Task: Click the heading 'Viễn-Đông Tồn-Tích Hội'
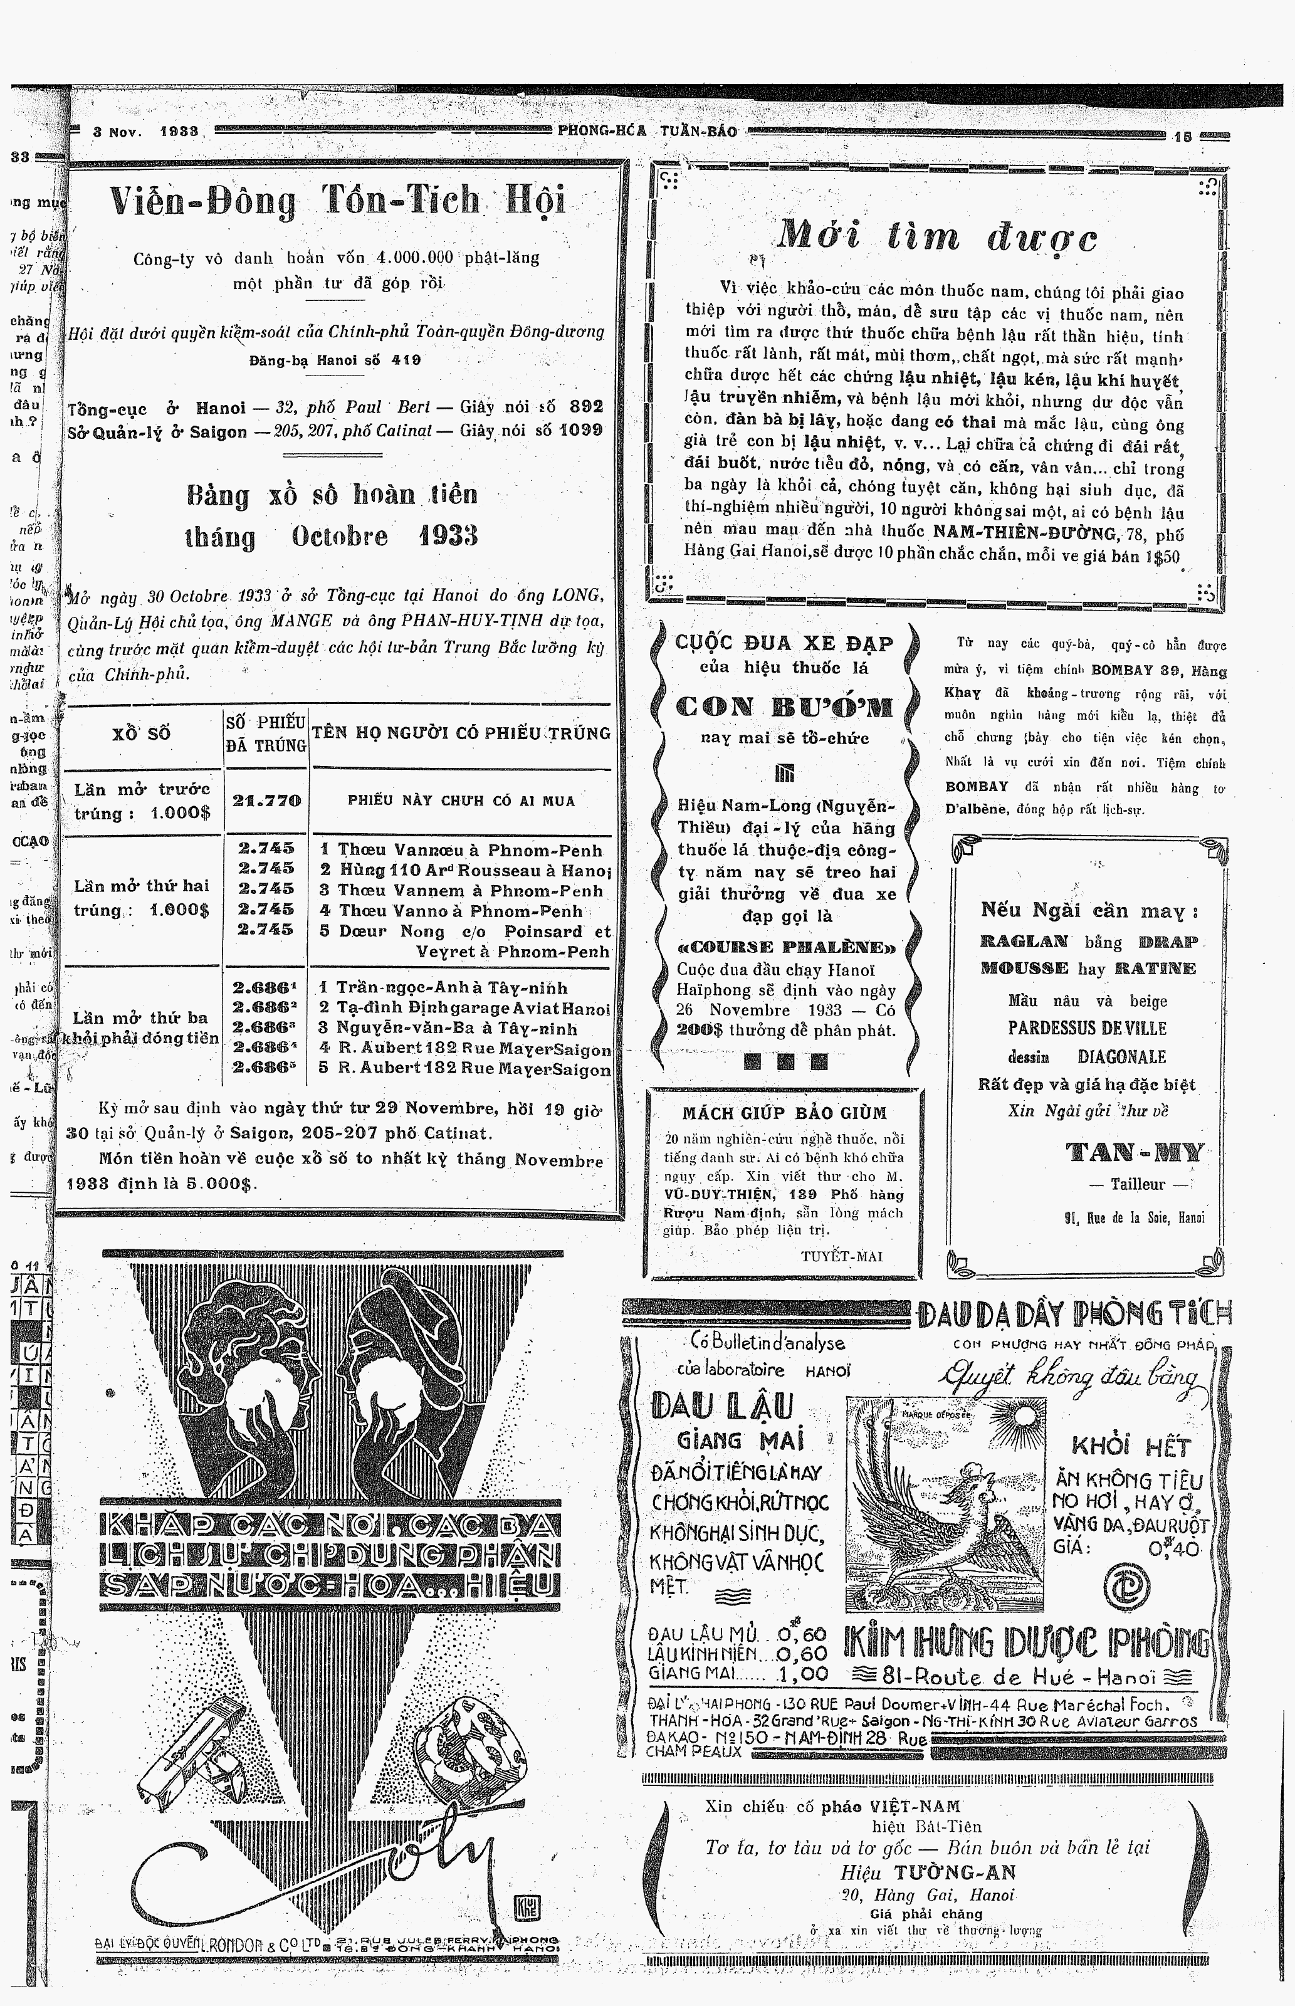click(x=337, y=202)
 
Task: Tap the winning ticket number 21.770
click(x=266, y=801)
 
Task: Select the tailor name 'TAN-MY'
click(x=1135, y=1152)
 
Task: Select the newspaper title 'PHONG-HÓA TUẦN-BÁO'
click(x=647, y=131)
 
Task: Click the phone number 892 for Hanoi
click(x=586, y=407)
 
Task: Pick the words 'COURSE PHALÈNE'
click(x=786, y=947)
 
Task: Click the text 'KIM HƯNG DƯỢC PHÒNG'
click(x=1027, y=1644)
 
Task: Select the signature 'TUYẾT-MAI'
click(x=842, y=1256)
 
